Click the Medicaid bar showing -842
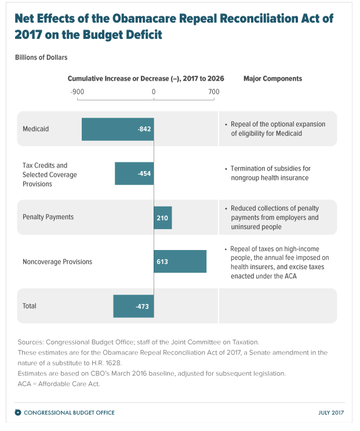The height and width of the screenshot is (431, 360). [117, 129]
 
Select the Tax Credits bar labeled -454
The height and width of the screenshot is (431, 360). [134, 173]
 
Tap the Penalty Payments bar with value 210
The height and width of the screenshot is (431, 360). [162, 217]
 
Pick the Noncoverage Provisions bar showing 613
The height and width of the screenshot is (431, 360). [180, 262]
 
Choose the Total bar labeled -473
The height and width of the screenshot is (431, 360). [133, 306]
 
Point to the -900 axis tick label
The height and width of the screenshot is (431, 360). [77, 92]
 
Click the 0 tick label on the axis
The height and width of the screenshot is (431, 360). [154, 92]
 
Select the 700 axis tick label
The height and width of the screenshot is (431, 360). [213, 92]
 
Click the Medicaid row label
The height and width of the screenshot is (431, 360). [35, 129]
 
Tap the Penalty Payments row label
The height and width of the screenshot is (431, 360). [48, 217]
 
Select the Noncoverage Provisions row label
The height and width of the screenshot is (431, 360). [57, 262]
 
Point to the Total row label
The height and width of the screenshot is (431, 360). [29, 306]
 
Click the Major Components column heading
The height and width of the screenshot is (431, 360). [272, 78]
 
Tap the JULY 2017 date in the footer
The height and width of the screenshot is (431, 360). [332, 412]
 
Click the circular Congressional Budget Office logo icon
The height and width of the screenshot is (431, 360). [18, 412]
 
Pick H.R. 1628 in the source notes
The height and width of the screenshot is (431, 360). [104, 363]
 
